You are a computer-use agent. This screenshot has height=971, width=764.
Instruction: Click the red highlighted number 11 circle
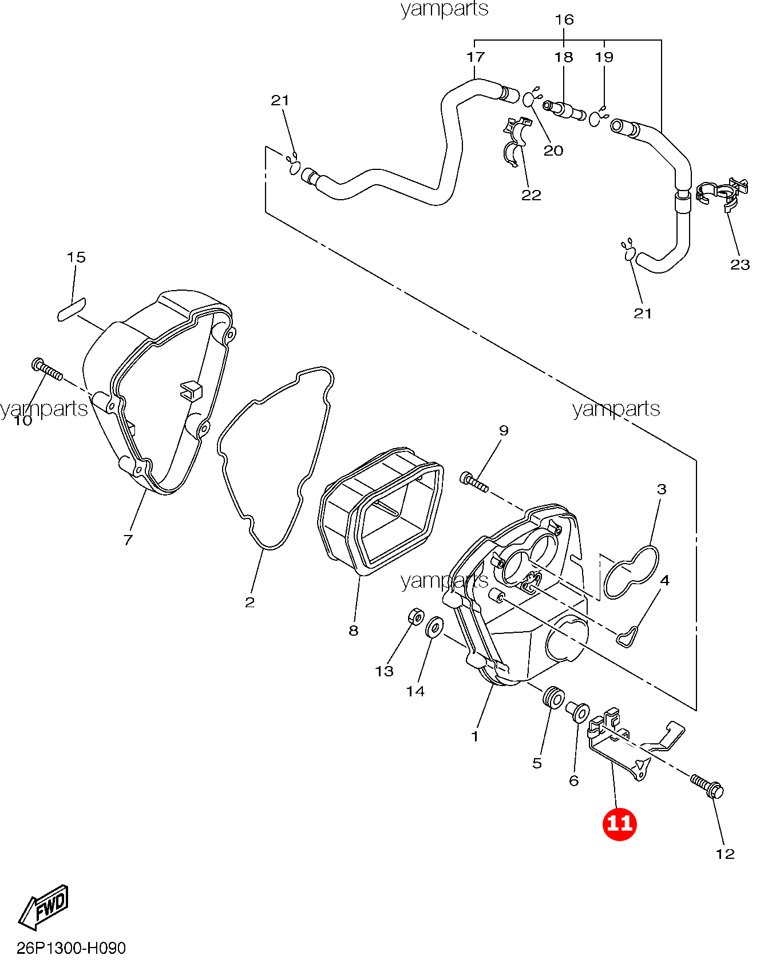coord(619,823)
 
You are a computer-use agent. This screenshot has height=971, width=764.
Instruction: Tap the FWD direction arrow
coord(44,907)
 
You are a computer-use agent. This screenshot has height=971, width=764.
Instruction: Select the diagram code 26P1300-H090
coord(71,949)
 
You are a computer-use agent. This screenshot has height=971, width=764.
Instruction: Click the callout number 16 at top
coord(564,19)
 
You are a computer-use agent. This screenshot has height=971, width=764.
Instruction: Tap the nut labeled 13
coord(416,617)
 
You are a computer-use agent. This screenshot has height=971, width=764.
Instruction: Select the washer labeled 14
coord(434,627)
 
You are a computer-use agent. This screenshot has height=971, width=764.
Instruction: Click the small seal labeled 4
coord(628,636)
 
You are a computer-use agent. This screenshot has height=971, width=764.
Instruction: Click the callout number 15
coord(76,257)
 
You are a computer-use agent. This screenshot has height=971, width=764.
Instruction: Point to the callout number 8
coord(354,631)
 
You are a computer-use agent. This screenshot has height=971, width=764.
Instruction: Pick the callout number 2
coord(250,602)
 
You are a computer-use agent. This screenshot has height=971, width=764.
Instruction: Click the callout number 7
coord(128,540)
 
